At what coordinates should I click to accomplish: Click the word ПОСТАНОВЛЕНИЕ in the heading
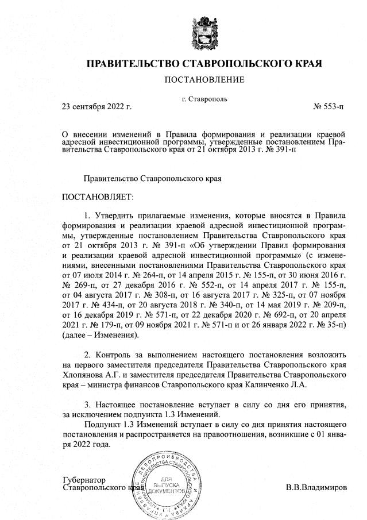204,79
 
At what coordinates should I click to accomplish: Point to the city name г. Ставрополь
204,99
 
